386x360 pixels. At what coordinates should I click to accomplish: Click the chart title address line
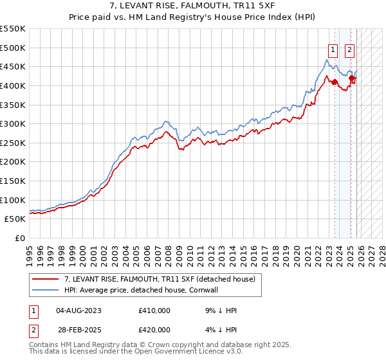(192, 6)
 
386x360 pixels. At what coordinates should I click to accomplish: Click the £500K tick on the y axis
(13, 48)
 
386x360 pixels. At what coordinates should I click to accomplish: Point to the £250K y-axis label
(13, 143)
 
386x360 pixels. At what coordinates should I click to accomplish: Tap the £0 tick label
(19, 238)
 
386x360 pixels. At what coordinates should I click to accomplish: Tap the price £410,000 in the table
(154, 310)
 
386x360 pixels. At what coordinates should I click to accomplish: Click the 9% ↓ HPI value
(221, 310)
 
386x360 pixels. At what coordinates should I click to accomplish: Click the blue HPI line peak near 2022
(327, 60)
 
